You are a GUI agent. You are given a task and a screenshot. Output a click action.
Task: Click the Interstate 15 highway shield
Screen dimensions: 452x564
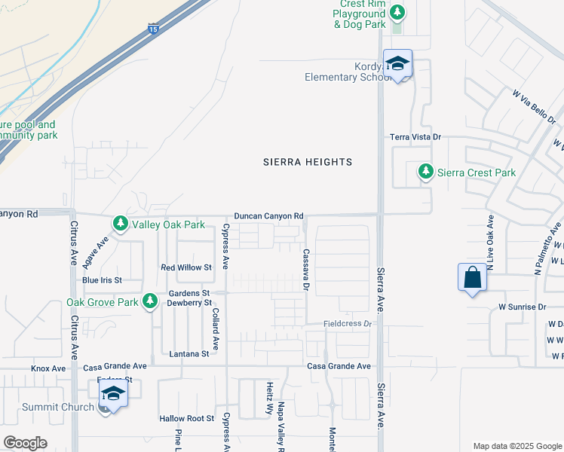click(x=153, y=28)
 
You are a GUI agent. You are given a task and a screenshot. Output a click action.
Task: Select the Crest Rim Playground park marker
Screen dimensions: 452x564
click(x=397, y=13)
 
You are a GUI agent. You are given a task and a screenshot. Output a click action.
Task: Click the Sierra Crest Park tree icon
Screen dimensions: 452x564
click(x=426, y=173)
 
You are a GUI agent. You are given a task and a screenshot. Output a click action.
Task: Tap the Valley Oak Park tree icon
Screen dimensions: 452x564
click(x=120, y=224)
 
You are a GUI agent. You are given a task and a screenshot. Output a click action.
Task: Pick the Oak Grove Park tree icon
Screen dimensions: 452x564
click(x=150, y=301)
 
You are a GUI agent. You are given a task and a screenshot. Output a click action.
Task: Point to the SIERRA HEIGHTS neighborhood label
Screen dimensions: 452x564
click(x=308, y=162)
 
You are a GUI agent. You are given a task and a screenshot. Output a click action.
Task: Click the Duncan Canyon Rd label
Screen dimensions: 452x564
click(x=268, y=216)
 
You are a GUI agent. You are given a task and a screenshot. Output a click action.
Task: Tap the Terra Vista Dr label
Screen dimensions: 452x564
click(x=415, y=137)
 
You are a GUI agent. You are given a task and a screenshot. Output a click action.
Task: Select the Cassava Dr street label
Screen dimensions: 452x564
click(x=306, y=270)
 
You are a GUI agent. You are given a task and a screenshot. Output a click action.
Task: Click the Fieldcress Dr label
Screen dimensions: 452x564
click(x=348, y=324)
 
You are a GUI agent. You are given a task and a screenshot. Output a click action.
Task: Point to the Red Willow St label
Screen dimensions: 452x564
click(x=186, y=267)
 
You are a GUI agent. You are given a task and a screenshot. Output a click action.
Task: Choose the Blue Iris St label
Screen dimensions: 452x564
click(x=102, y=279)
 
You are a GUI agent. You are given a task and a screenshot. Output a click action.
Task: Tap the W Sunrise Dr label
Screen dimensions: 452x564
click(x=522, y=307)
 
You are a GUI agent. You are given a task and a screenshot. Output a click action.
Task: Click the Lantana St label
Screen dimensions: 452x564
click(x=189, y=353)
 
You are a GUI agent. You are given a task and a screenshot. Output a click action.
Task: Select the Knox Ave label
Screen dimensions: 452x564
click(x=48, y=368)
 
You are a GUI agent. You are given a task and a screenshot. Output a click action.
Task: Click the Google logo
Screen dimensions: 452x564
click(x=25, y=443)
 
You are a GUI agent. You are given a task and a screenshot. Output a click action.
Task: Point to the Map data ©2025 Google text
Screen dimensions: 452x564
click(x=516, y=445)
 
